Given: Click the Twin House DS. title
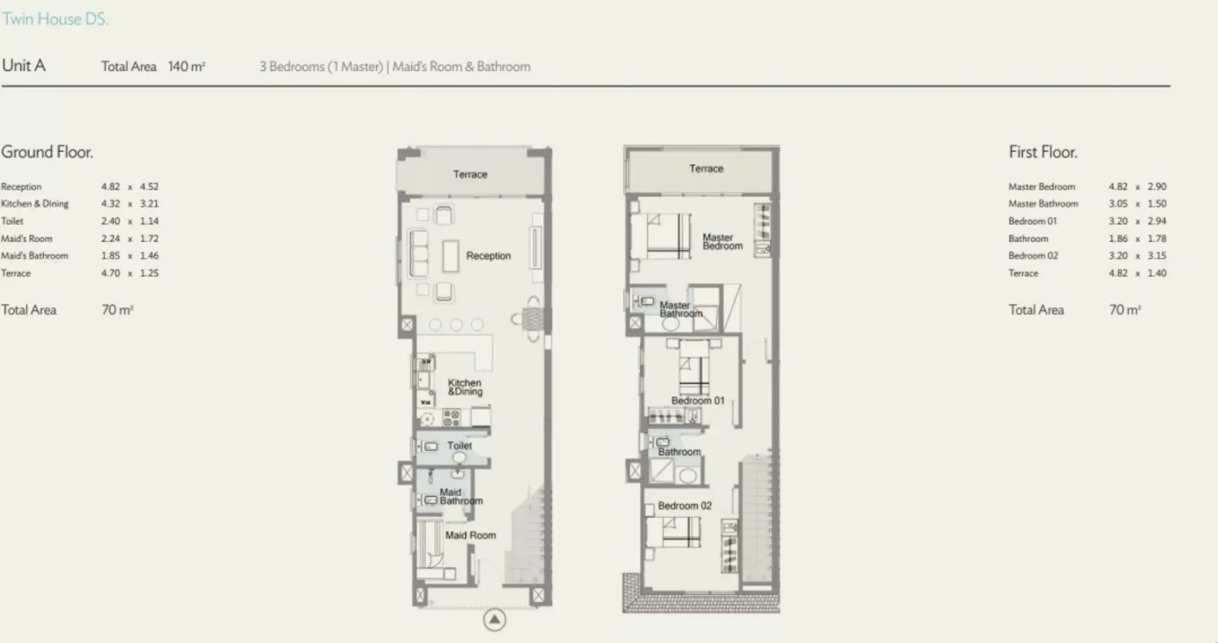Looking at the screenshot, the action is [x=55, y=19].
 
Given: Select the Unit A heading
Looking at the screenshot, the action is [x=24, y=65].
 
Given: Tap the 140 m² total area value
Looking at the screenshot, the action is [x=186, y=66].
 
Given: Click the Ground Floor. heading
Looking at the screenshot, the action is [x=47, y=152].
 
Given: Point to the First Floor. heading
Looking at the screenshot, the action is [x=1043, y=152].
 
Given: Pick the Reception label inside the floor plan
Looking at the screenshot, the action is [x=488, y=255].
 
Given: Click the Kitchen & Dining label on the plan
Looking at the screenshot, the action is [x=465, y=387].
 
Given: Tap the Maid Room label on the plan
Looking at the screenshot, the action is [x=470, y=535].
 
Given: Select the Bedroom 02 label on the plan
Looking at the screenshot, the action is [x=684, y=505].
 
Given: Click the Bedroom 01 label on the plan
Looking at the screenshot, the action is [x=698, y=400].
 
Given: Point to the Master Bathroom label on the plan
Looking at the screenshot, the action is [x=680, y=309].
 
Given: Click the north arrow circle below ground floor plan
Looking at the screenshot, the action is [x=495, y=620].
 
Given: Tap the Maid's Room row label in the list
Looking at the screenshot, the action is [x=26, y=238].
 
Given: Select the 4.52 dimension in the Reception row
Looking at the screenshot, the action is [x=149, y=187].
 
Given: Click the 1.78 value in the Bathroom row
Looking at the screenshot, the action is [x=1157, y=238].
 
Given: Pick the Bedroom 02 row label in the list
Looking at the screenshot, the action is [x=1033, y=255].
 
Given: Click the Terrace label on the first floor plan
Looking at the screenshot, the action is [x=706, y=169].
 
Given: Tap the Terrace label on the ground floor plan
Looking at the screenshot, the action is [x=470, y=174].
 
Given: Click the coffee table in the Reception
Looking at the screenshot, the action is [x=450, y=256].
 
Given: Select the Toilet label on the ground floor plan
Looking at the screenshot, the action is [x=460, y=445].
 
